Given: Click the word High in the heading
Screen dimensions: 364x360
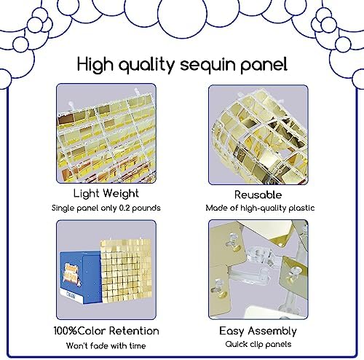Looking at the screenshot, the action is [x=95, y=65].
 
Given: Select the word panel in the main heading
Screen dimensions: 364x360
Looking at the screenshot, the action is [x=264, y=65].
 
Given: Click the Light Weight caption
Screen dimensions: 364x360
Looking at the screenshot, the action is [x=106, y=194].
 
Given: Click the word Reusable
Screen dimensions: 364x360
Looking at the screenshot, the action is [x=258, y=195].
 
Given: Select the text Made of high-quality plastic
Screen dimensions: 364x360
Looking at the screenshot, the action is [x=260, y=208].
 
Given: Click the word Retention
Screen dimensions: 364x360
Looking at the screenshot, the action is [x=134, y=331].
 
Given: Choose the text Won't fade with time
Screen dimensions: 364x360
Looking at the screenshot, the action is [x=106, y=345].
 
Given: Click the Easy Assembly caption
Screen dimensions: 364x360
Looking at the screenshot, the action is [x=258, y=332].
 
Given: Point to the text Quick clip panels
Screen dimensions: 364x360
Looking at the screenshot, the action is [x=258, y=344].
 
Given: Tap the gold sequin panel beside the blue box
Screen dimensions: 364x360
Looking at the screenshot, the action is [x=126, y=270].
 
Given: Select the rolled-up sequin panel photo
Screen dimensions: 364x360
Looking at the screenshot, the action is [x=258, y=135].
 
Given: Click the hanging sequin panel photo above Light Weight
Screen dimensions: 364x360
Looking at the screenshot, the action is [x=106, y=133].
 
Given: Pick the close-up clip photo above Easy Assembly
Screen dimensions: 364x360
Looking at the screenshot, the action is [x=258, y=270].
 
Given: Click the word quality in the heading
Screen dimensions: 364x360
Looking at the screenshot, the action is [x=146, y=65].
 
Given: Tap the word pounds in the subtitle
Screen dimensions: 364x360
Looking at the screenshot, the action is [x=146, y=208].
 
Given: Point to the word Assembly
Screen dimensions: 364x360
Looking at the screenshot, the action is [x=272, y=332].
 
